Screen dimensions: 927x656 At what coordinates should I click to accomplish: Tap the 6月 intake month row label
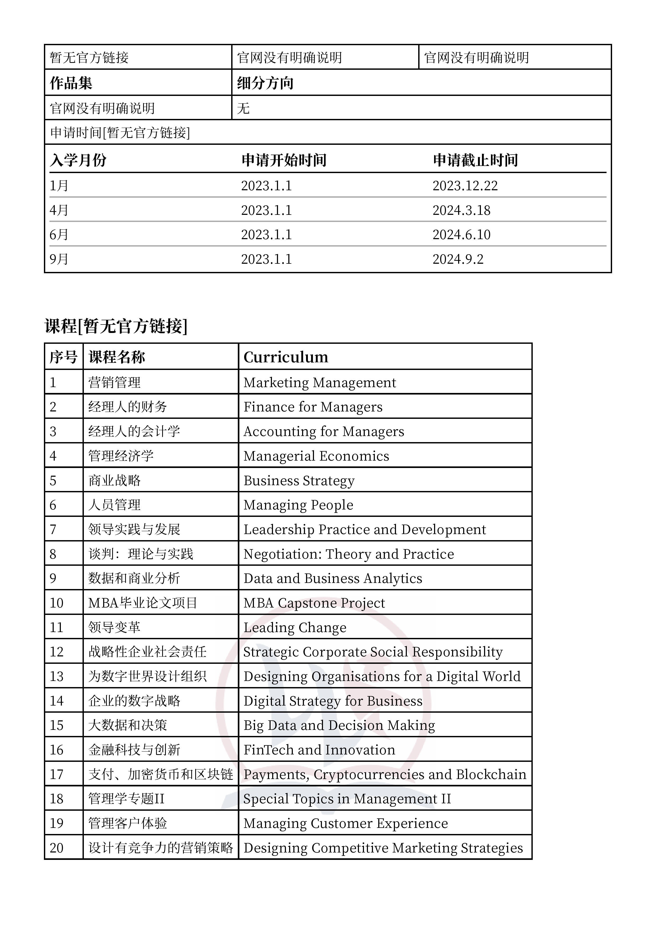(59, 235)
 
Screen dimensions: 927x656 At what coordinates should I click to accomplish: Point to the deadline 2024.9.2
(458, 259)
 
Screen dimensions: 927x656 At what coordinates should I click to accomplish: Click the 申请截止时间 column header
(475, 160)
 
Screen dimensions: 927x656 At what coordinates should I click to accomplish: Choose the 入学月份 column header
(78, 160)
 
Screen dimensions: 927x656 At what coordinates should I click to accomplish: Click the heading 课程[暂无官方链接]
(116, 326)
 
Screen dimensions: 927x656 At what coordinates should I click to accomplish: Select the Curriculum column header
(286, 357)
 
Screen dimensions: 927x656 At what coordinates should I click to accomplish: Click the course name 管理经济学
(121, 456)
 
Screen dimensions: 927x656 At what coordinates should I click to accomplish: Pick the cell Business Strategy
(299, 480)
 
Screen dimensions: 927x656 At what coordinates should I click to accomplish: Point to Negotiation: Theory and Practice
(348, 554)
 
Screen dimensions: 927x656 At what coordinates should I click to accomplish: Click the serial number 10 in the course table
(57, 603)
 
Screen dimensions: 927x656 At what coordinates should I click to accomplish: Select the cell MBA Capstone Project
(314, 603)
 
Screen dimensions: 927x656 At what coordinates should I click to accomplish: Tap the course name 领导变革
(114, 627)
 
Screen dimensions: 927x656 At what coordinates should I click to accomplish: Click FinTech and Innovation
(319, 750)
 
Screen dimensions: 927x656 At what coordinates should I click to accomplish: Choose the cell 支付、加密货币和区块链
(161, 774)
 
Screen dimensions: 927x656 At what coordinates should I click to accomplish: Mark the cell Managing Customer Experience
(345, 823)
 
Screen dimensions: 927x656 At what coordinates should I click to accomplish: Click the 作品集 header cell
(71, 83)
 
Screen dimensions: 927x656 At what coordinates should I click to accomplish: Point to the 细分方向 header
(265, 83)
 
